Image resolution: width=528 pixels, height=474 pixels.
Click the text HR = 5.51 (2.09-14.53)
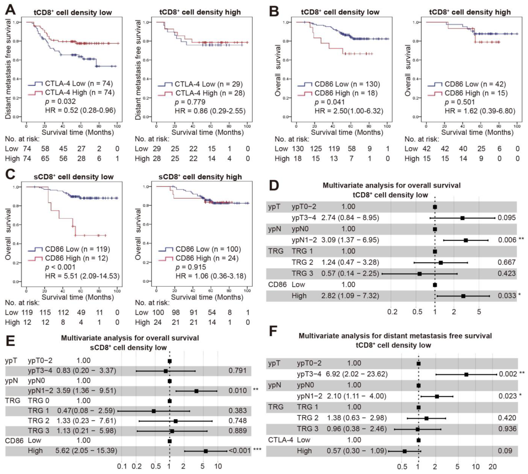tap(82, 276)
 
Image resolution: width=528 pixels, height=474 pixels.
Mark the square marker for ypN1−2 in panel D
tap(466, 240)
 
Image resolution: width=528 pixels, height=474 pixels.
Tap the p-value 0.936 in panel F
tap(507, 429)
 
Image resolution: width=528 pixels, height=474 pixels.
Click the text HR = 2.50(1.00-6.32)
tap(349, 111)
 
